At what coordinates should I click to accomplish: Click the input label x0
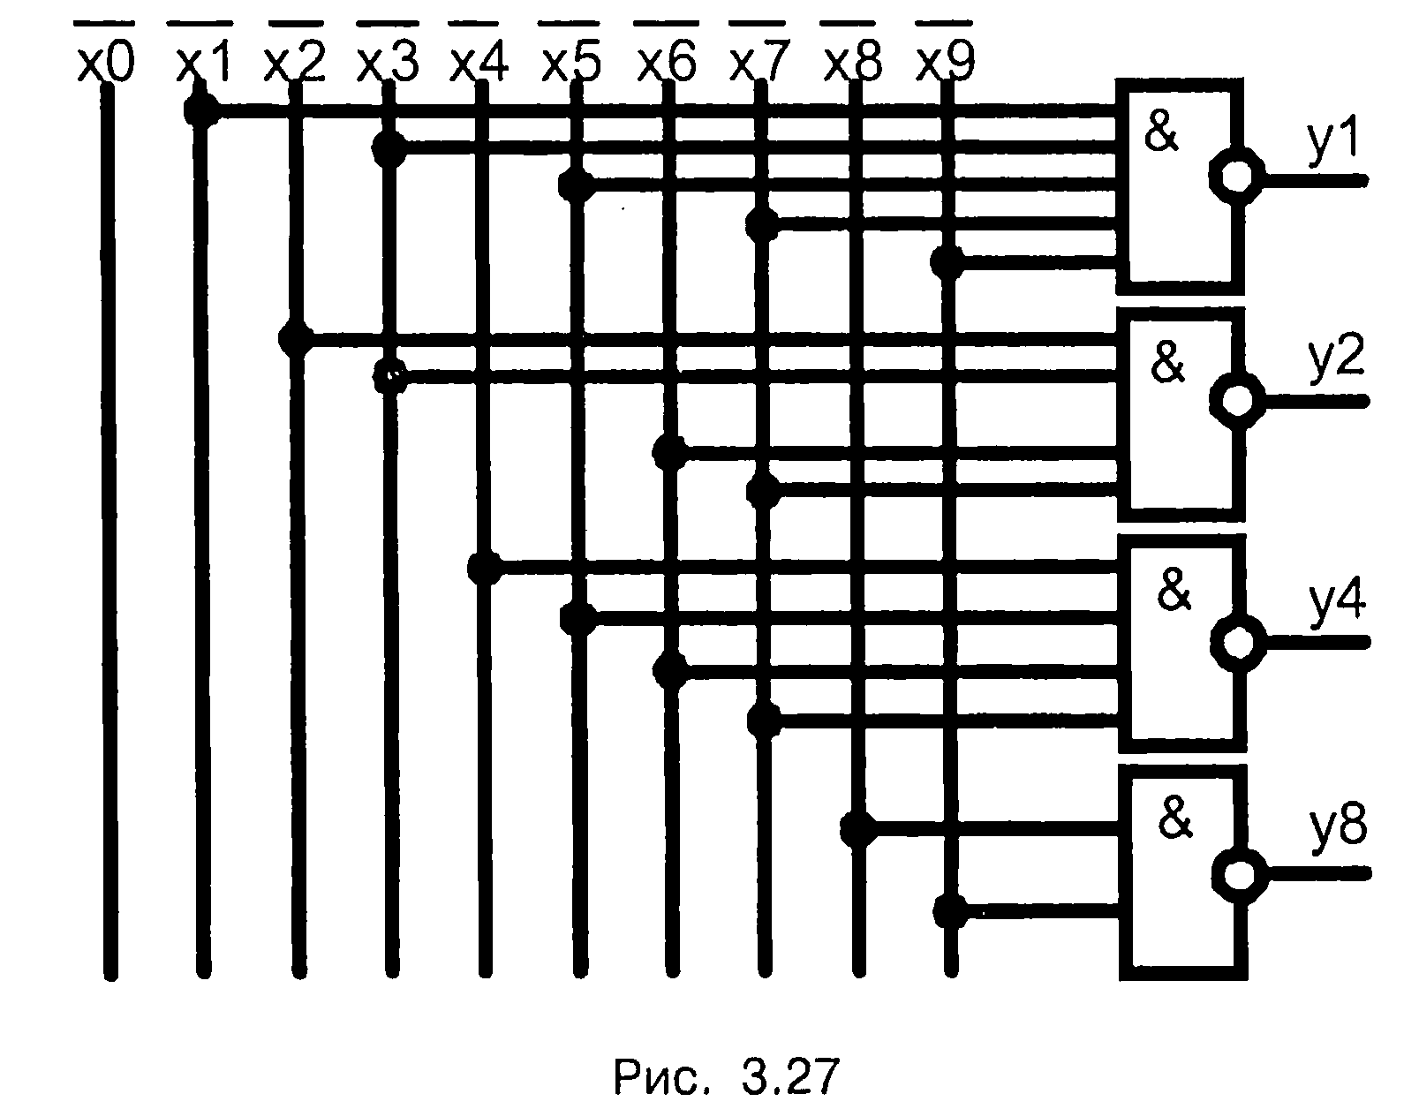click(105, 64)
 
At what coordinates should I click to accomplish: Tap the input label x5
click(571, 64)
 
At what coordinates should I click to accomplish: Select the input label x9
click(946, 64)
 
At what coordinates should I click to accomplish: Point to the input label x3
click(386, 64)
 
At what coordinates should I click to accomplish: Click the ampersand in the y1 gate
click(1161, 133)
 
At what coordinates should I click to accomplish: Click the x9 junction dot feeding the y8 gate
click(950, 909)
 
